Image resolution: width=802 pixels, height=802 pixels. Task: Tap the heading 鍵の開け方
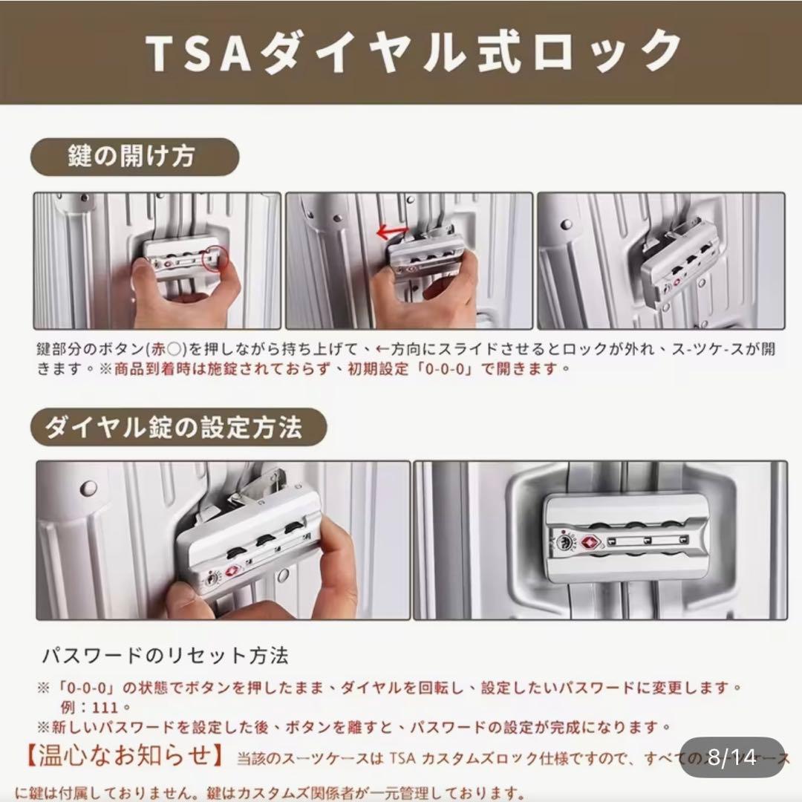point(131,157)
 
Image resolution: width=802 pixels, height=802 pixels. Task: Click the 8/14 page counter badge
point(731,758)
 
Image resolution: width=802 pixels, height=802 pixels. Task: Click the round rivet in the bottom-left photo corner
point(88,489)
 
